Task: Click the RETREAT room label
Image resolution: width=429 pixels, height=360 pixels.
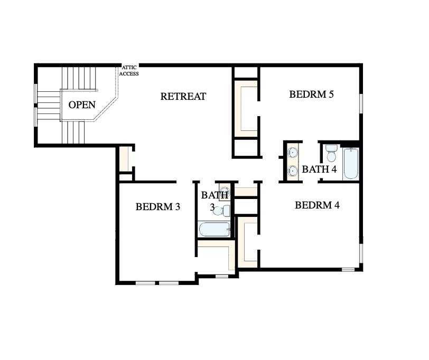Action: [x=183, y=97]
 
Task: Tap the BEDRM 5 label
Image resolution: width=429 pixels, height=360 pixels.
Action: [x=312, y=94]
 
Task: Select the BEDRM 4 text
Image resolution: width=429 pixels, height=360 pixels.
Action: [x=317, y=205]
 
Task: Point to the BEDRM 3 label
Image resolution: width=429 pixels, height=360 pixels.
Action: [x=158, y=207]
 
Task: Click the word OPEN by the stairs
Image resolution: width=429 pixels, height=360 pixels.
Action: [x=82, y=105]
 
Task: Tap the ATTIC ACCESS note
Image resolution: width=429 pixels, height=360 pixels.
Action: [x=130, y=71]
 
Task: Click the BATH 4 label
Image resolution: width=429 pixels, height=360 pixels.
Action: [x=319, y=169]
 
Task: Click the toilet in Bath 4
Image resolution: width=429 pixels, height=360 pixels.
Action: [x=331, y=154]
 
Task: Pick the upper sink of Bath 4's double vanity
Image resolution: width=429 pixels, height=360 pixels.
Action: [x=293, y=154]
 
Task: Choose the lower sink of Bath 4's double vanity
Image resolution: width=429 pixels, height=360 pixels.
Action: [x=293, y=171]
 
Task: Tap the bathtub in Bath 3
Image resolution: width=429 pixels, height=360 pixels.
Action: [x=214, y=229]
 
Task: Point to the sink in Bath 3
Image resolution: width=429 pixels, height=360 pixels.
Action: [x=224, y=192]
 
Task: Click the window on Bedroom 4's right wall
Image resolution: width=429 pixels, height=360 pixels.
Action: [x=362, y=254]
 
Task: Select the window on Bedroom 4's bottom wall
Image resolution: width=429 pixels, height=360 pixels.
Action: [x=348, y=270]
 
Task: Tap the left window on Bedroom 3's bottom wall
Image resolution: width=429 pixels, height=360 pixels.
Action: [x=145, y=283]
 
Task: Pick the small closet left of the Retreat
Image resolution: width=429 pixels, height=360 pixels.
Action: [x=124, y=159]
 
